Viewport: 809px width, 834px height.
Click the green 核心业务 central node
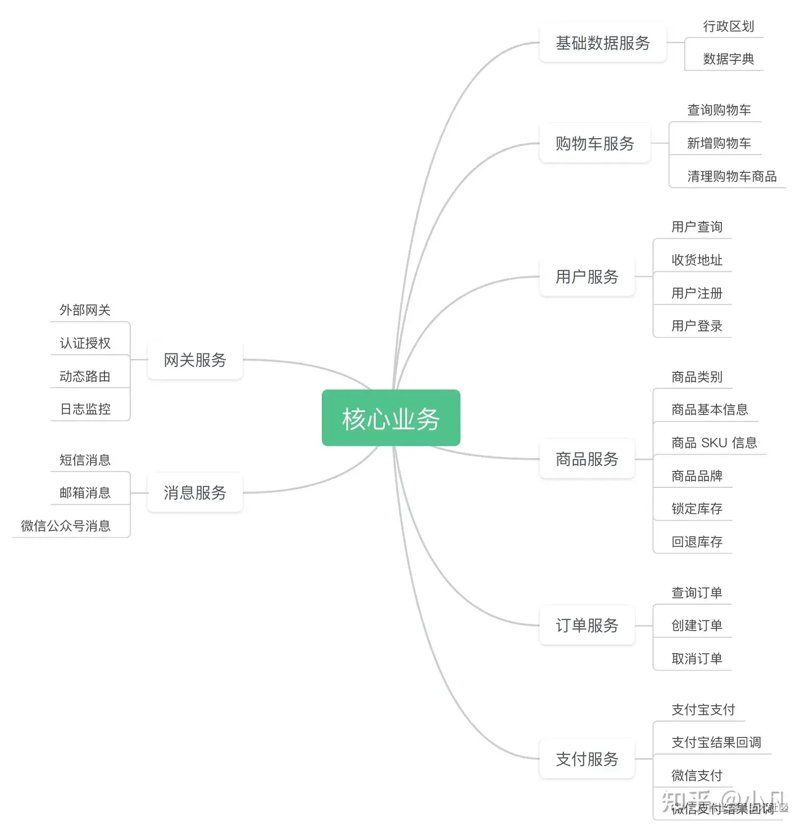pos(391,418)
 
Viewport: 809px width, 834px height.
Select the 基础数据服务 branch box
pos(602,43)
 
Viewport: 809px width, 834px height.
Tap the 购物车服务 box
pos(594,143)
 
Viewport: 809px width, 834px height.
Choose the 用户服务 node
pos(587,277)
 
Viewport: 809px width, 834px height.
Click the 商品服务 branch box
pos(587,459)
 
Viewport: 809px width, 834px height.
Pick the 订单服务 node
pos(587,625)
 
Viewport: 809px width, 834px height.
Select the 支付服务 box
pos(587,759)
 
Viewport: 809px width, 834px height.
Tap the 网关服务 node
pos(195,360)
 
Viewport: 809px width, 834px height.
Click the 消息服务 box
pos(195,493)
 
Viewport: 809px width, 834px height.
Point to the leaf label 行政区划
pos(728,26)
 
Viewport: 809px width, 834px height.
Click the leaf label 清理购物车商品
pos(731,176)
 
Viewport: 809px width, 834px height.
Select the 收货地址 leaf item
pos(697,260)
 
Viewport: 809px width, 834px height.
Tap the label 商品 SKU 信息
pos(714,443)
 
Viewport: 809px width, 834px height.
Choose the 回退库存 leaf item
pos(697,542)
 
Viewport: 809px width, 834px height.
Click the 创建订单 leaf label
pos(697,625)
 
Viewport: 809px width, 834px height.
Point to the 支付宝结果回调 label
pos(716,742)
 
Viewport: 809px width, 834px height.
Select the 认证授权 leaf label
pos(85,343)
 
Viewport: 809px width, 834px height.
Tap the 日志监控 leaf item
pos(85,409)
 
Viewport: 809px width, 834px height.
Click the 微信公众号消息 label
pos(66,526)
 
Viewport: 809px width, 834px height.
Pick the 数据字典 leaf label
pos(728,59)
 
